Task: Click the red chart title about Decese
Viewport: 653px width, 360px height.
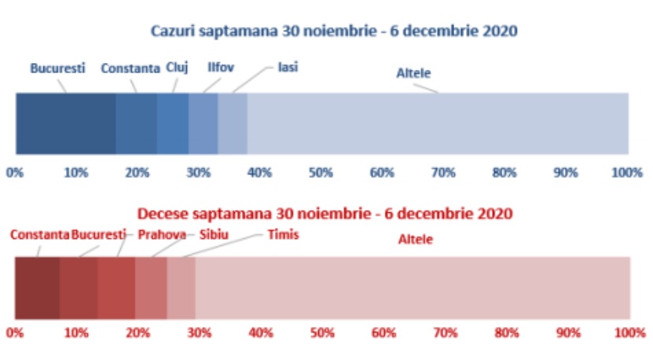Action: point(325,213)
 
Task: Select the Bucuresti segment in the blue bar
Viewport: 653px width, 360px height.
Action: point(65,123)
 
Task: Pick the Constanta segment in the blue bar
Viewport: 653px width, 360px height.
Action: point(136,123)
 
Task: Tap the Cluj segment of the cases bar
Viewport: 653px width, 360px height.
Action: point(172,123)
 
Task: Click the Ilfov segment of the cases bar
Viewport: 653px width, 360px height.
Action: point(203,123)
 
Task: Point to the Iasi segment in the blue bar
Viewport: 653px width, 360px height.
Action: point(233,123)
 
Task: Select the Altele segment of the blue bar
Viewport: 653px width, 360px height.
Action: point(438,123)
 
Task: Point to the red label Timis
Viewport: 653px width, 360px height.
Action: point(283,234)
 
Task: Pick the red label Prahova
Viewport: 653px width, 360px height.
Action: point(162,234)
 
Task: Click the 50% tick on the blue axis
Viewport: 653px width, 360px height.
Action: point(321,172)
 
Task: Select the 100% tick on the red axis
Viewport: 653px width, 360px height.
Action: point(629,332)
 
